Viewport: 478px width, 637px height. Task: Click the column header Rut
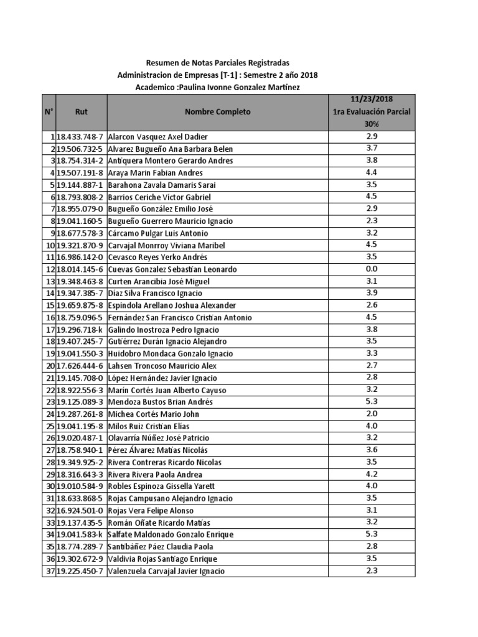(81, 112)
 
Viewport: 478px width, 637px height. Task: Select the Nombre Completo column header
(217, 112)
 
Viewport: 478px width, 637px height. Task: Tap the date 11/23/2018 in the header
(372, 99)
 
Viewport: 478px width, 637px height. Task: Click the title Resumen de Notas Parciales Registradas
(217, 63)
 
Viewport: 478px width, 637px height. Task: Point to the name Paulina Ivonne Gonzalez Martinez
(238, 88)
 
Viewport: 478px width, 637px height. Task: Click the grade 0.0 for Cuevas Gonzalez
(372, 269)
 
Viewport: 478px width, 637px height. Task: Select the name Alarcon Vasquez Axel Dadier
(158, 136)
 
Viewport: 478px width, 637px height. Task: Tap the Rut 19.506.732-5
(80, 149)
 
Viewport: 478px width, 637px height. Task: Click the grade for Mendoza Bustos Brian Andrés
(372, 401)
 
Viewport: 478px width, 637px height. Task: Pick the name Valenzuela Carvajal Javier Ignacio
(166, 571)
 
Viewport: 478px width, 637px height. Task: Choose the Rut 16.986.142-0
(80, 257)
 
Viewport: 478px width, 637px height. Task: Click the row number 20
(49, 366)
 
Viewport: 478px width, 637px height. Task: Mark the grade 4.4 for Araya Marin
(372, 172)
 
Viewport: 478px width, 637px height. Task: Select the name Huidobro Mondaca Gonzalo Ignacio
(171, 353)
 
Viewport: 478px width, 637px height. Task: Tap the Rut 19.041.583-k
(80, 534)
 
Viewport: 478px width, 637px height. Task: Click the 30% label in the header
(372, 124)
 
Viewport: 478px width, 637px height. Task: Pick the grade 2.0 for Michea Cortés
(372, 414)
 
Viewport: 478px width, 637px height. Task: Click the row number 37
(49, 571)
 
